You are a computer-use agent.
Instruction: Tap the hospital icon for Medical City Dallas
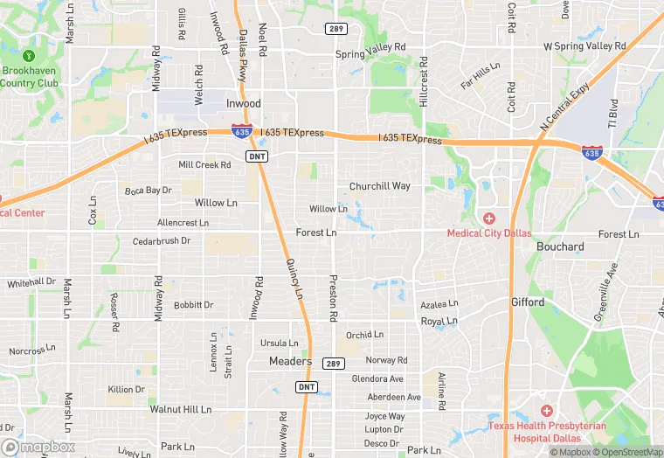488,218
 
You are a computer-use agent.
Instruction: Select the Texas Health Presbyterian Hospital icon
547,411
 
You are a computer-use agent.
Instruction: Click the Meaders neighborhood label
290,361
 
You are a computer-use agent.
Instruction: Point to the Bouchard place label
560,246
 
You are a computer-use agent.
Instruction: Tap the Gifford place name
528,302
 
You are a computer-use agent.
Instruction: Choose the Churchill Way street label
379,186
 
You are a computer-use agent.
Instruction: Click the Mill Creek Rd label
204,164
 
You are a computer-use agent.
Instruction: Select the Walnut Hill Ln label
181,409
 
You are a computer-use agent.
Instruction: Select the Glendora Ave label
377,379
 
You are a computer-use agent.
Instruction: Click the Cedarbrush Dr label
162,241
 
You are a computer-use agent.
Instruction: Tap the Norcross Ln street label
32,350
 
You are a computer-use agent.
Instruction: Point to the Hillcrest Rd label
424,82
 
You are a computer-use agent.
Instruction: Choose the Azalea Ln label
439,304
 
